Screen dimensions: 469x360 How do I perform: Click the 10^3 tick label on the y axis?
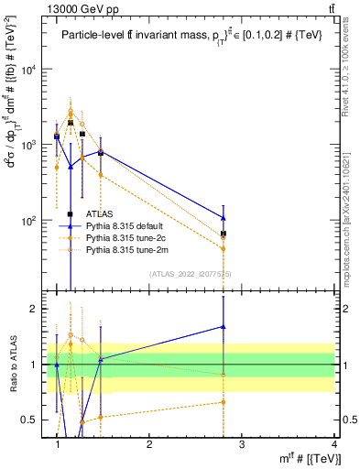[29, 146]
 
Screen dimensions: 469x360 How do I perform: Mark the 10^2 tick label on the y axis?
[29, 221]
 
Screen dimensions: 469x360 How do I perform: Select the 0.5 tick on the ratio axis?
[34, 420]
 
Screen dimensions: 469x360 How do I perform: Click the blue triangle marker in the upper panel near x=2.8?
[224, 218]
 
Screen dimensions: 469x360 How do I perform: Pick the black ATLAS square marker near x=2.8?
[224, 234]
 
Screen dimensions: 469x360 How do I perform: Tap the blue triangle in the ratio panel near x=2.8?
[224, 326]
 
